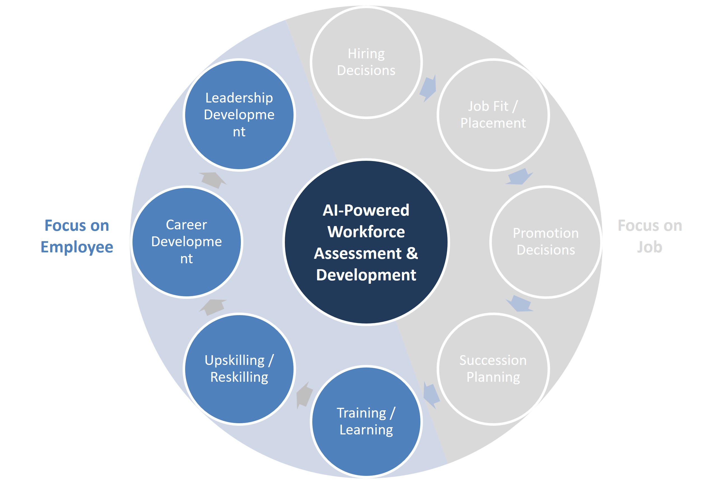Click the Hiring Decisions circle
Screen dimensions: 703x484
[x=366, y=62]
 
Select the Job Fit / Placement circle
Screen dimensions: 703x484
[x=493, y=115]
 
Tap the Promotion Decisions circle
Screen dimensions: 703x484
[x=546, y=242]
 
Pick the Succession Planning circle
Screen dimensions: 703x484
[x=493, y=369]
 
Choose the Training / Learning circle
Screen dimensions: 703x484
[x=366, y=422]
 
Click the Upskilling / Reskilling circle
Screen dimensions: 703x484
[x=239, y=369]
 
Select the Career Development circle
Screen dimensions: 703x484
[x=187, y=242]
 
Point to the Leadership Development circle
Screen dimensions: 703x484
[x=239, y=115]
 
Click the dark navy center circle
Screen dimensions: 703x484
[x=366, y=242]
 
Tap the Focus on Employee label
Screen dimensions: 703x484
[x=77, y=236]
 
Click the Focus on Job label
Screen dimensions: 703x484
[x=650, y=236]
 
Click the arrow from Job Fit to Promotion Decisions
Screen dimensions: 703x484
[x=519, y=176]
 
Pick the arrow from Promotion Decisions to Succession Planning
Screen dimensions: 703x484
[x=519, y=304]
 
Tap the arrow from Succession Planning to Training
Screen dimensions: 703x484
[x=431, y=395]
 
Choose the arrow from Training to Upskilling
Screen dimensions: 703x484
[x=304, y=395]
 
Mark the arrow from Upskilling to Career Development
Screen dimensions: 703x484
[x=213, y=307]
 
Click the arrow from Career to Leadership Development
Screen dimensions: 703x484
[x=213, y=180]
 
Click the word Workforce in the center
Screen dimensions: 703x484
[x=366, y=232]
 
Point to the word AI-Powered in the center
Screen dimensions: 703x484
[x=366, y=210]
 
